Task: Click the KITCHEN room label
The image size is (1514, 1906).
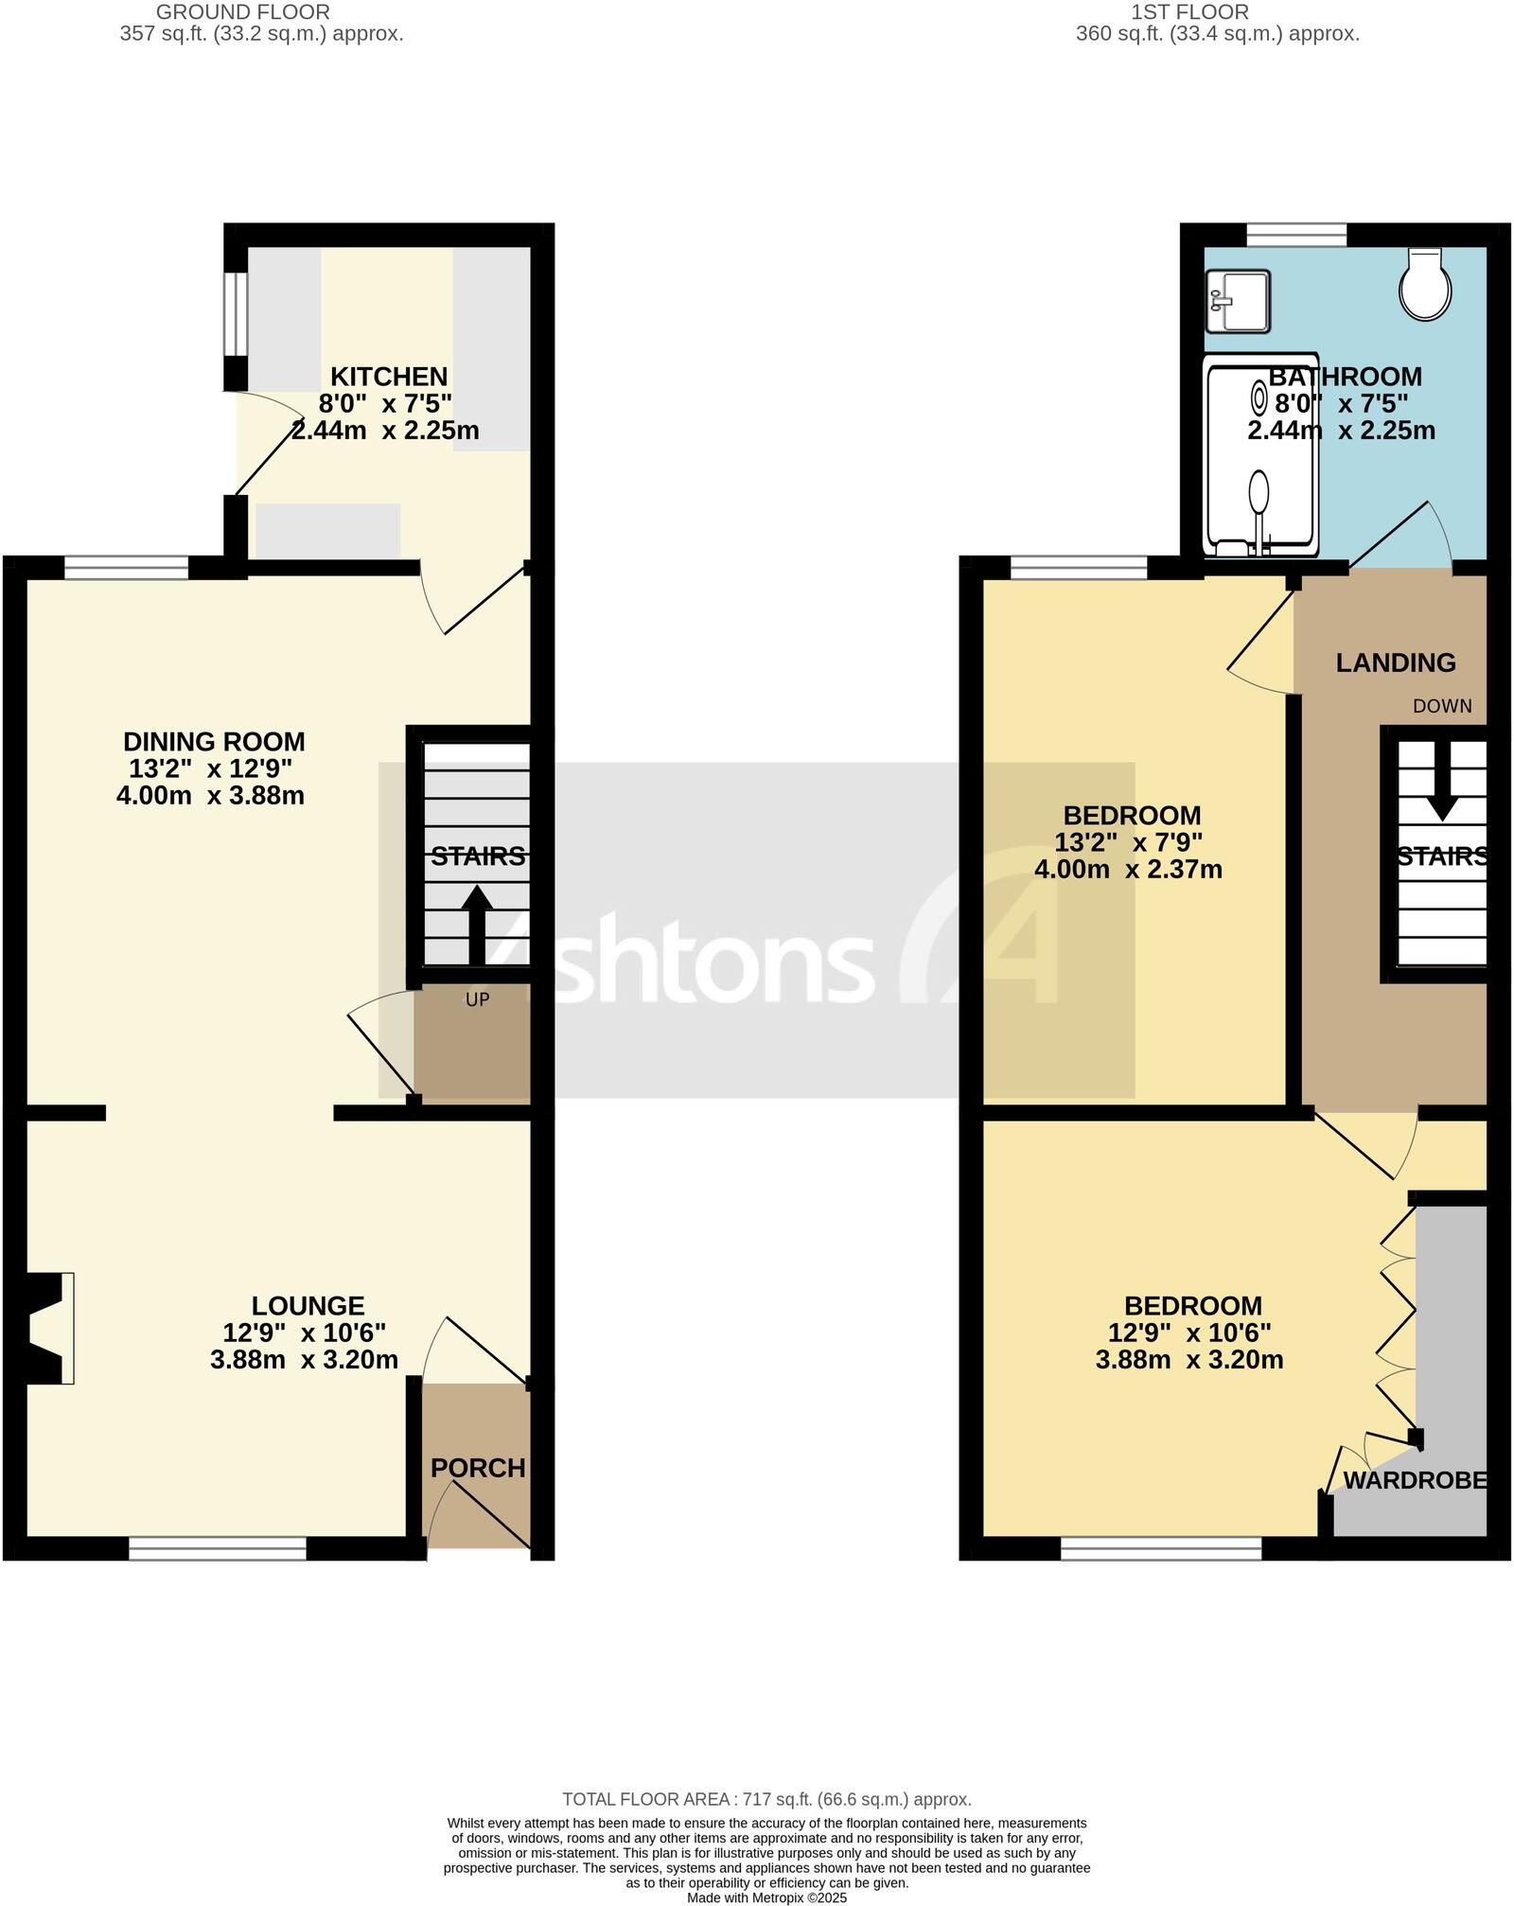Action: [x=388, y=377]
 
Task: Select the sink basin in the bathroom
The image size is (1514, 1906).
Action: [x=1238, y=301]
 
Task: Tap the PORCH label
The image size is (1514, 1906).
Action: [x=478, y=1468]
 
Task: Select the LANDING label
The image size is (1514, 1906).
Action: [x=1396, y=662]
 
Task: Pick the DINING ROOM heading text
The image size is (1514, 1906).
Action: [x=215, y=741]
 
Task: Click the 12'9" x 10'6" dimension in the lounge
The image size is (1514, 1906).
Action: [x=305, y=1332]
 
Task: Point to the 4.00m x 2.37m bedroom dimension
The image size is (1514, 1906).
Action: [x=1128, y=869]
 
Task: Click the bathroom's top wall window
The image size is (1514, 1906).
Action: [x=1296, y=233]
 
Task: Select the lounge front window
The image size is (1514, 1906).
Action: [x=218, y=1548]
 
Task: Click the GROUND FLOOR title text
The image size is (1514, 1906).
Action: [x=243, y=12]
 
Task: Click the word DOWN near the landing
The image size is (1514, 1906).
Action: [x=1442, y=706]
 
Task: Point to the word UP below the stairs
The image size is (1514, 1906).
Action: [x=477, y=999]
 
